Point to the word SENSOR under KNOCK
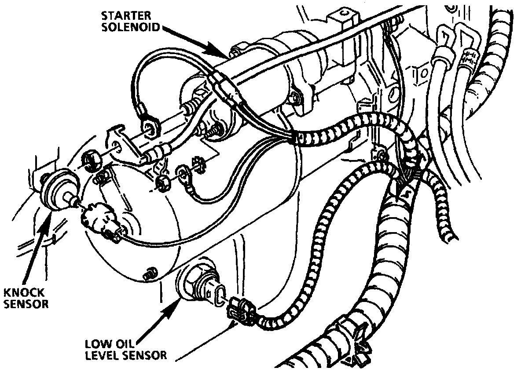click(x=26, y=303)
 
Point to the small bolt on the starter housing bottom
click(x=149, y=273)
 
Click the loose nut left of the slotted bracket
click(x=92, y=158)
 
